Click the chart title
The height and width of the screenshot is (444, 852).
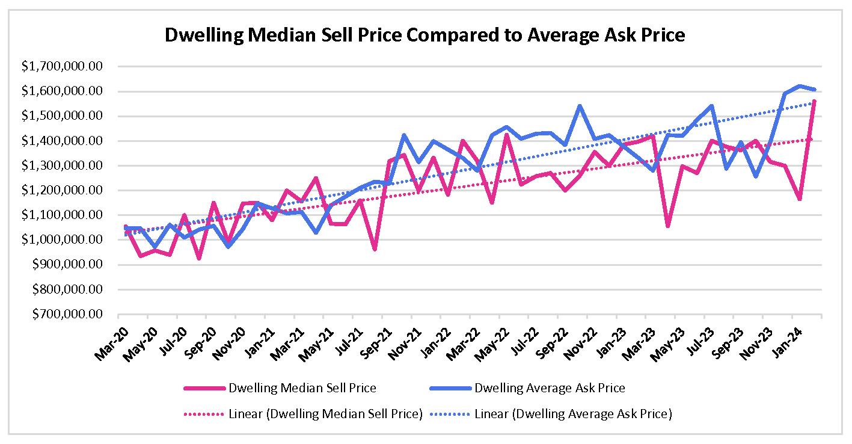[x=425, y=35]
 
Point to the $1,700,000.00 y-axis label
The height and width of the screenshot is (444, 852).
[x=62, y=67]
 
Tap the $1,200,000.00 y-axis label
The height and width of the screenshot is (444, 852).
[x=62, y=190]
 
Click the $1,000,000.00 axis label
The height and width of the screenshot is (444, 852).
[x=62, y=240]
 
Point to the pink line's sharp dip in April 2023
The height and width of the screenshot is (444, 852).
[x=667, y=226]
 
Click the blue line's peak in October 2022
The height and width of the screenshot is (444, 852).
[x=580, y=106]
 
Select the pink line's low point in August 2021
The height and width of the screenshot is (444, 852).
[x=374, y=249]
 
